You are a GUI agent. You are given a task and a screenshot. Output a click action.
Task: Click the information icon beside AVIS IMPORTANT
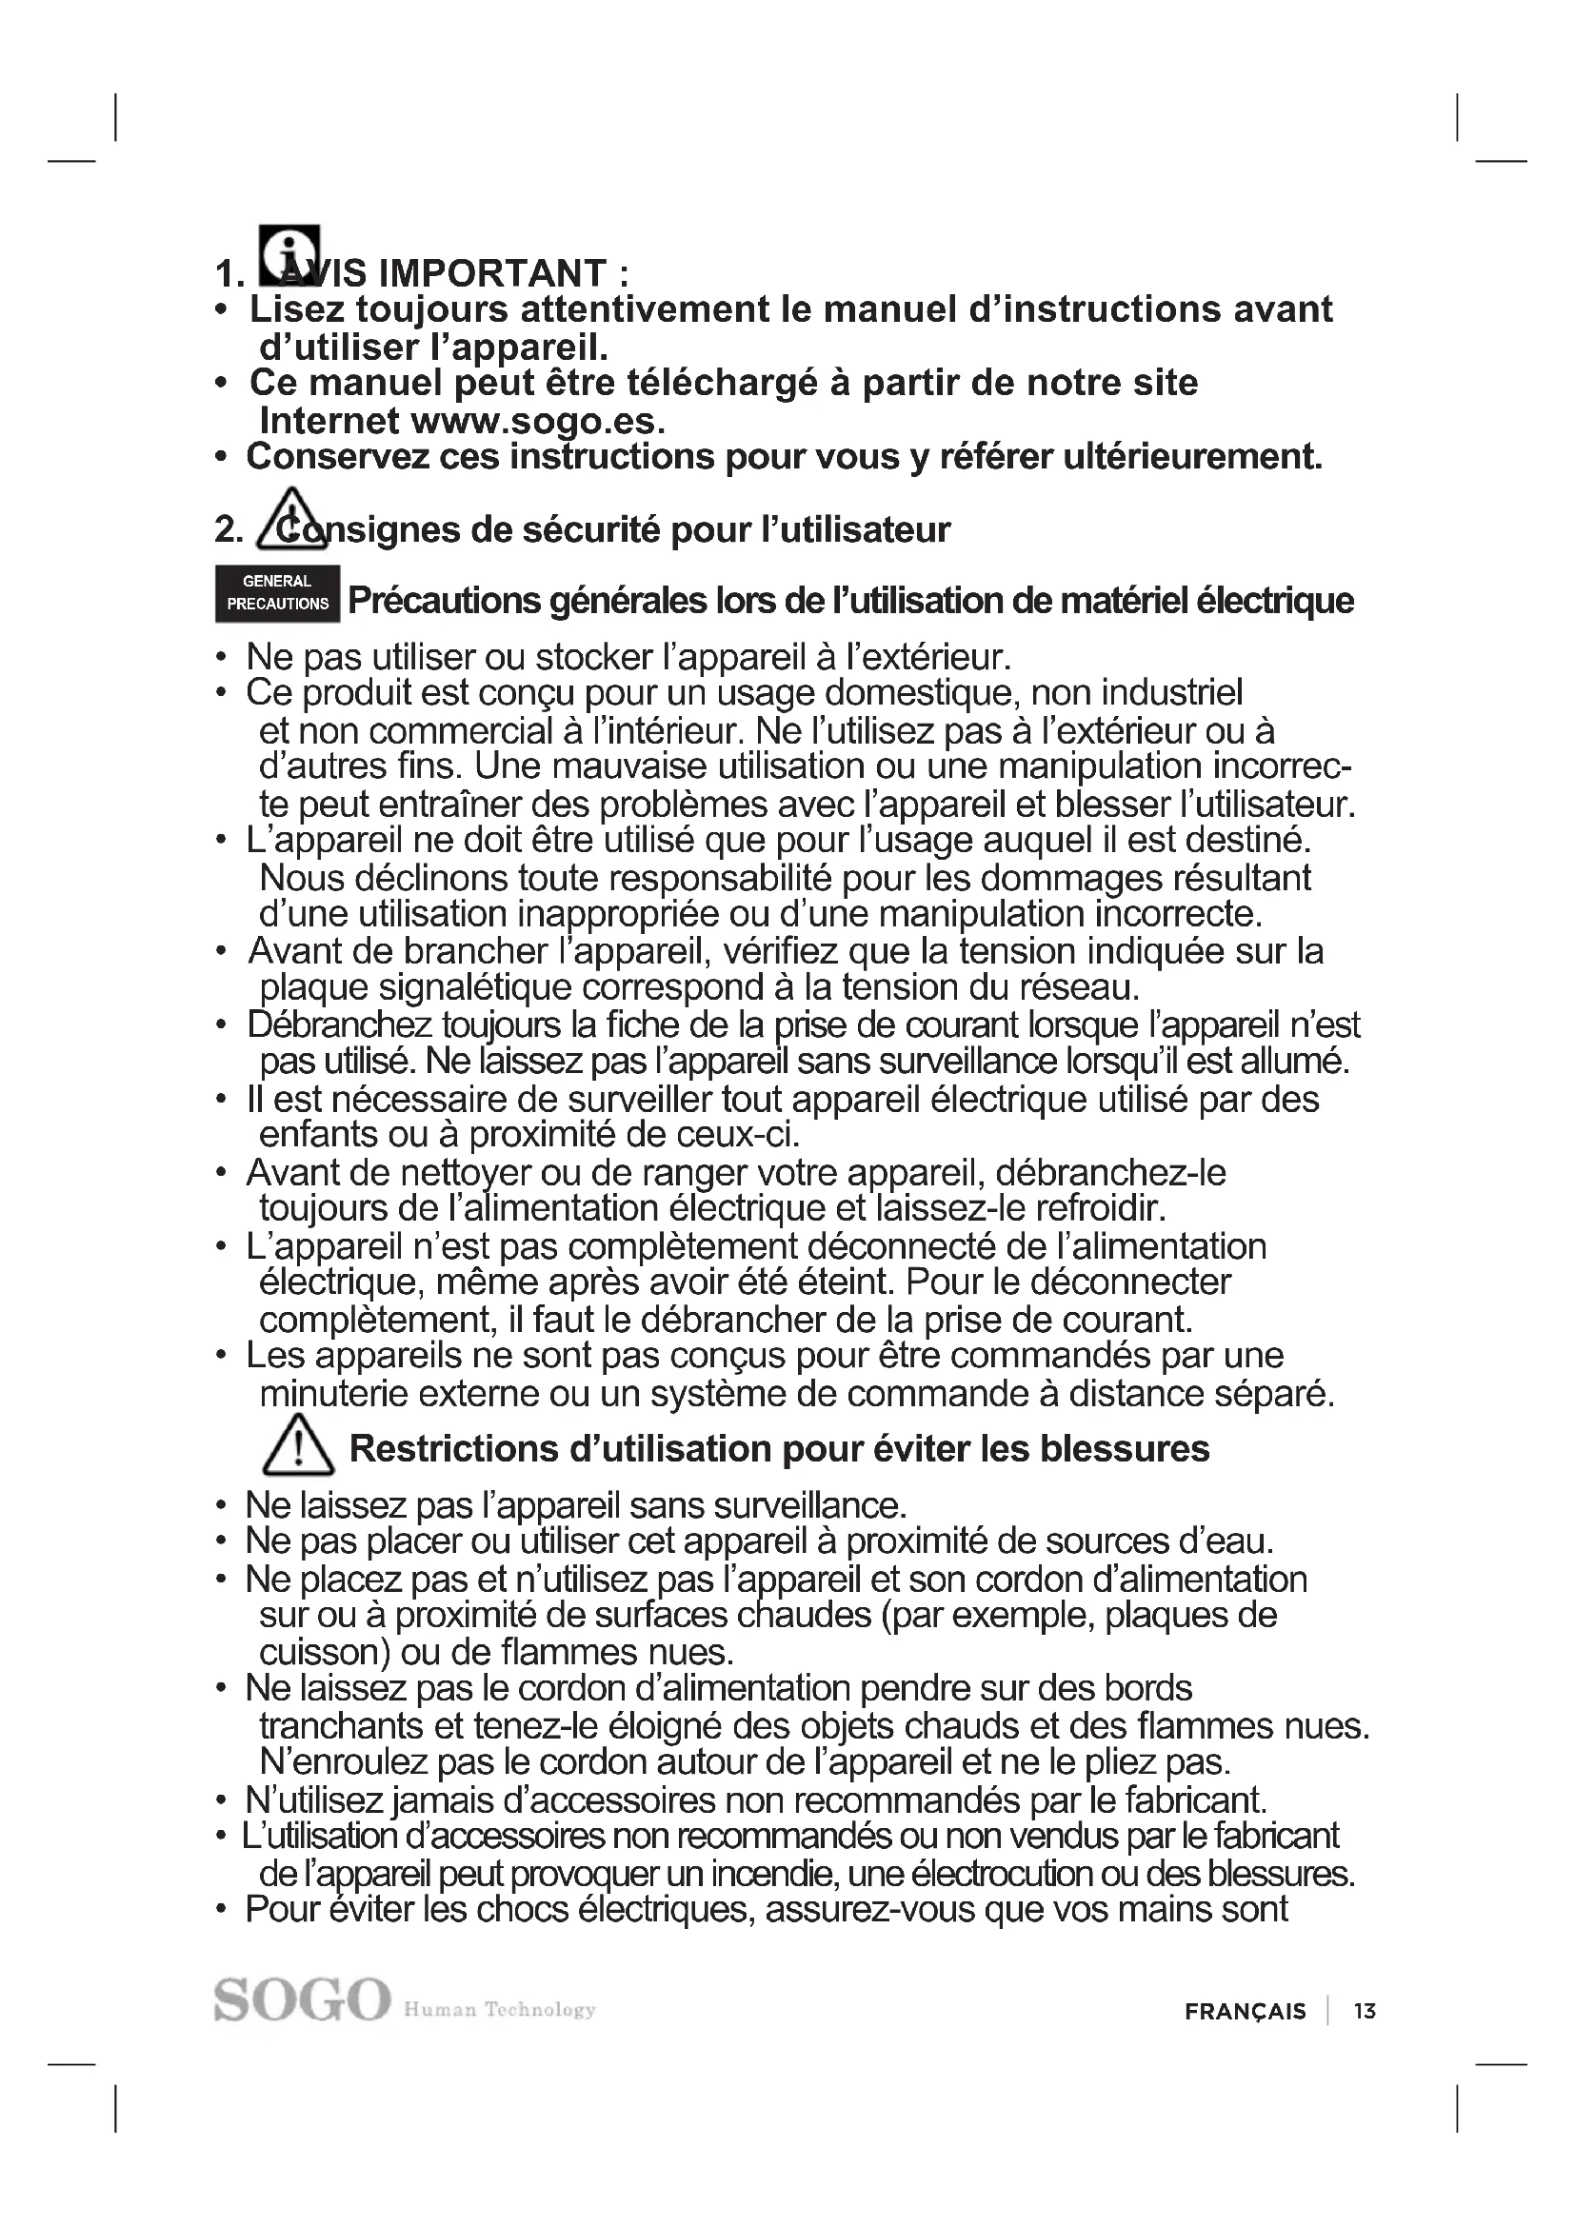pos(289,254)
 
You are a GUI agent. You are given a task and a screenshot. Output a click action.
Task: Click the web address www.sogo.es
pos(538,421)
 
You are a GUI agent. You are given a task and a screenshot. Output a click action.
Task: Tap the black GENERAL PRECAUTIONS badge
pos(277,592)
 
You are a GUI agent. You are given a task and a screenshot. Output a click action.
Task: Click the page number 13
pos(1365,2012)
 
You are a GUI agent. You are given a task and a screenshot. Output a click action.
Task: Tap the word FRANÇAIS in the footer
pos(1246,2012)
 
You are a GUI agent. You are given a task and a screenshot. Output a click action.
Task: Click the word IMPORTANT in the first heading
pos(491,273)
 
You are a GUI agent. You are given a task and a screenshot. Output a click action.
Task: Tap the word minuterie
pos(331,1394)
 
